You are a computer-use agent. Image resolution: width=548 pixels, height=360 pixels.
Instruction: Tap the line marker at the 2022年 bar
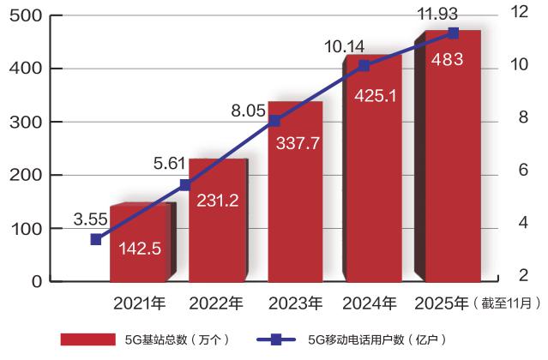(185, 185)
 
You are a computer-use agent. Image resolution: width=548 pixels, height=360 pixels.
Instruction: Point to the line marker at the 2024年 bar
(364, 66)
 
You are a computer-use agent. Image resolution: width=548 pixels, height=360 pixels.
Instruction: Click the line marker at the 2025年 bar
(454, 33)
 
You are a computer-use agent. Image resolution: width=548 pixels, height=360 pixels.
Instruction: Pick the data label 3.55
(92, 220)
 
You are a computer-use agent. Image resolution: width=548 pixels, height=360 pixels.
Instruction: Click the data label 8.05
(247, 111)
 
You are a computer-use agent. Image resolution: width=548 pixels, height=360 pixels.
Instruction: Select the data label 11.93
(437, 11)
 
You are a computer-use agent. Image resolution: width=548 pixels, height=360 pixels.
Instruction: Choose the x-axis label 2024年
(370, 303)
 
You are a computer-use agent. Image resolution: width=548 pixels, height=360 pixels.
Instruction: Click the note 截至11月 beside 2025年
(511, 303)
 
